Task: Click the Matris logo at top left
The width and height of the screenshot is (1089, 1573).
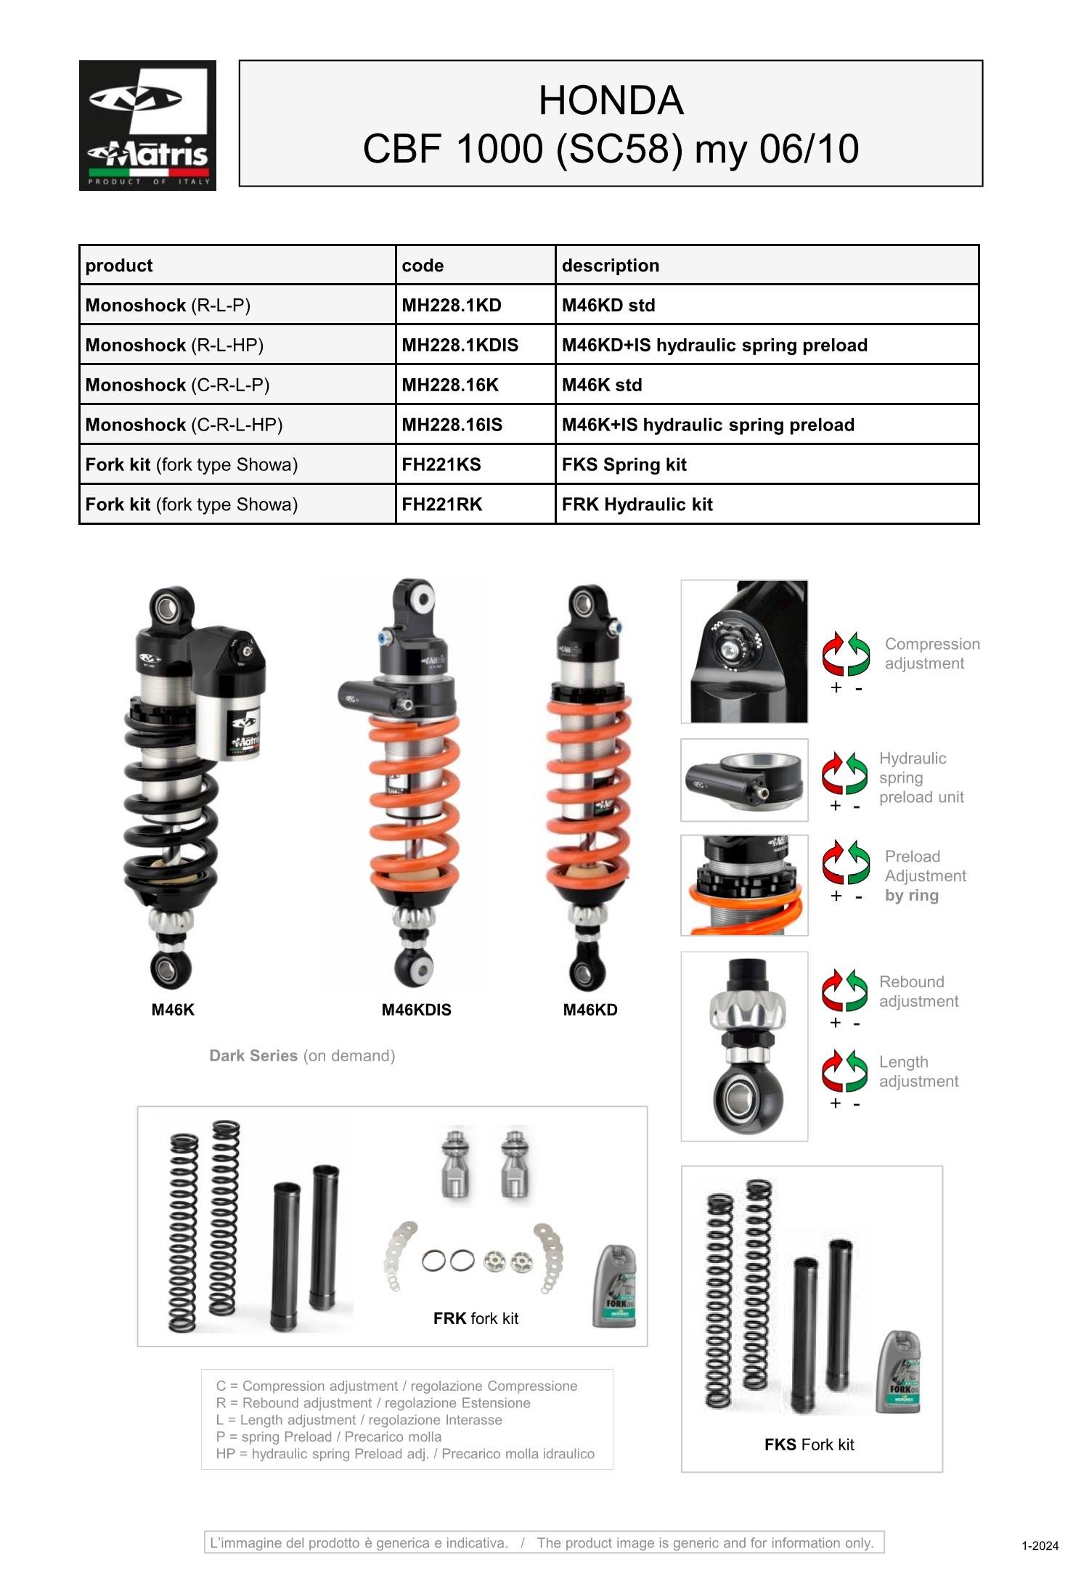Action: coord(147,125)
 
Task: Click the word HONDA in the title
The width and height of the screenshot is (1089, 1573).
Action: coord(611,100)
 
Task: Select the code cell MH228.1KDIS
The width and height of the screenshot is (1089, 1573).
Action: coord(460,345)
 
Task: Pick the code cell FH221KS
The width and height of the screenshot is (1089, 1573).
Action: coord(441,465)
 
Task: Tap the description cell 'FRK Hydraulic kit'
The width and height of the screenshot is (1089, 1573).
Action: coord(637,504)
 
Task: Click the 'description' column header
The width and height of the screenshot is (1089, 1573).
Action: coord(610,266)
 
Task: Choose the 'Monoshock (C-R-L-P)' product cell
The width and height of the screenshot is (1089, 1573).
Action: coord(177,385)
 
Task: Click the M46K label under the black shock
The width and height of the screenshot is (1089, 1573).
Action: coord(173,1010)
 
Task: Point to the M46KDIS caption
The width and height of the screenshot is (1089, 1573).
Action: coord(416,1010)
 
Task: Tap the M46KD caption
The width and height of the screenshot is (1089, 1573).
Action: coord(590,1010)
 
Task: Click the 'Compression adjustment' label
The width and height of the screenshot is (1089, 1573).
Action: coord(931,653)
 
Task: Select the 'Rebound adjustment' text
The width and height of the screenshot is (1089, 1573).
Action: coord(918,992)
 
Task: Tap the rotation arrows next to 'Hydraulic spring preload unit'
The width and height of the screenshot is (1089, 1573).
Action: coord(845,774)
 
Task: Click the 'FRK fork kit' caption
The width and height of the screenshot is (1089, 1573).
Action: coord(476,1318)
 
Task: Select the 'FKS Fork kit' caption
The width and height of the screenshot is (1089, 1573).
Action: coord(809,1445)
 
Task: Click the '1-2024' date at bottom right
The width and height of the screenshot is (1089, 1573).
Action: coord(1040,1545)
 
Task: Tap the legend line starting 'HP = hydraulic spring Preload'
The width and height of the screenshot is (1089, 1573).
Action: coord(405,1453)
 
